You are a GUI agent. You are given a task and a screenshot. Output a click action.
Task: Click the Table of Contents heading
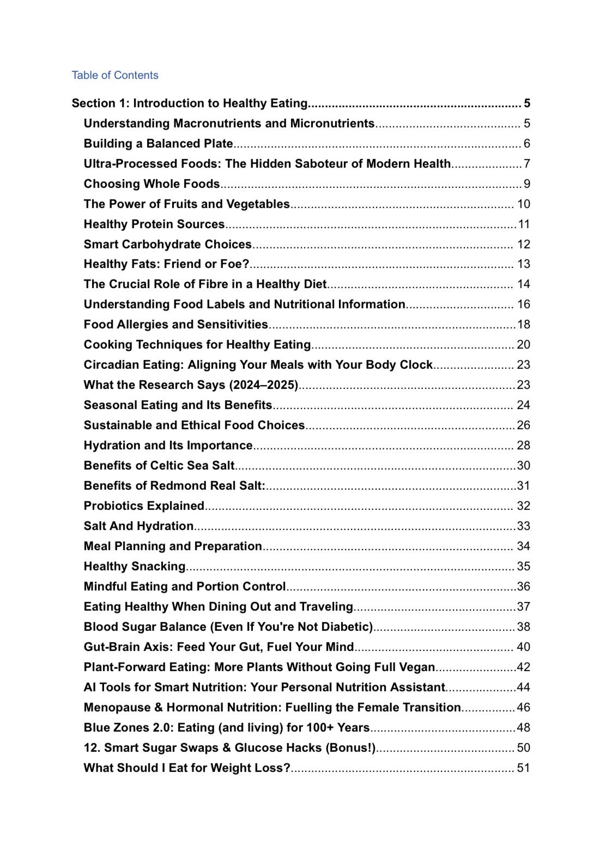coord(114,75)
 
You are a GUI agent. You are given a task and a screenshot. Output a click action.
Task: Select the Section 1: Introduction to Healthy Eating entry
coord(190,104)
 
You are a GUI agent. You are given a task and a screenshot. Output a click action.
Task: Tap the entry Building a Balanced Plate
coord(158,144)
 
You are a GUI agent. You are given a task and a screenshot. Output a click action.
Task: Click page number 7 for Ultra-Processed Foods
coord(527,164)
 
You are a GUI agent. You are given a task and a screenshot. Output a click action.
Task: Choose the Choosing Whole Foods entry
coord(152,184)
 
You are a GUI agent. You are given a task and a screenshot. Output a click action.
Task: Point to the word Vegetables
coord(258,204)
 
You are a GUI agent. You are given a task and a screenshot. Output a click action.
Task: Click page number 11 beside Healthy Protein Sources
coord(524,224)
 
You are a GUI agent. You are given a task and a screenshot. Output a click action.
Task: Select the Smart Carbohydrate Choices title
coord(167,245)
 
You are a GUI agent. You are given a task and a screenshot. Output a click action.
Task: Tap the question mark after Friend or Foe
coord(245,264)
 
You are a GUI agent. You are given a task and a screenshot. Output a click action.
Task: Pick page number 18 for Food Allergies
coord(523,325)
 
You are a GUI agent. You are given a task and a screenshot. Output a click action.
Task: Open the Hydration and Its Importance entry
coord(168,446)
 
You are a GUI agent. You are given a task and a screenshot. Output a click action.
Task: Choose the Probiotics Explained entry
coord(144,506)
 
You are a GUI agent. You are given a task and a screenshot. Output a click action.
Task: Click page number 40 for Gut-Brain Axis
coord(523,647)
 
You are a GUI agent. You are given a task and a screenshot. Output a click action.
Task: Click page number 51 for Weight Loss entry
coord(523,768)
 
